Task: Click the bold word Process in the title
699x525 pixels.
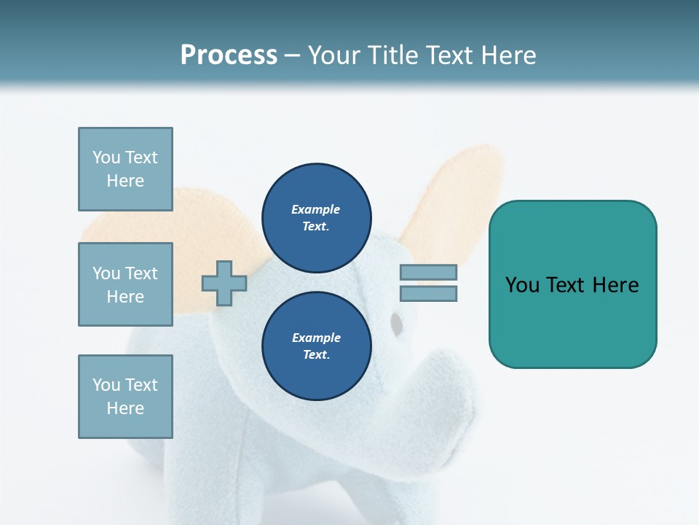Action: (x=229, y=55)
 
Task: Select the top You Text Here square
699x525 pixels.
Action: (x=125, y=169)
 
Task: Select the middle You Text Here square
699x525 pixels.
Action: (x=125, y=284)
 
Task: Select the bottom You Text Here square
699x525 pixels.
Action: (x=125, y=397)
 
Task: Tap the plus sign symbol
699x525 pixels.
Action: (x=224, y=283)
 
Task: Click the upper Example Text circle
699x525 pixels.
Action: (x=316, y=218)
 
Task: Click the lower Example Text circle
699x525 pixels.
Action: (x=316, y=346)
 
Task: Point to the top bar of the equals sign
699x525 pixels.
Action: (x=428, y=273)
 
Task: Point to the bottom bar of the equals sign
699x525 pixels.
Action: (x=428, y=294)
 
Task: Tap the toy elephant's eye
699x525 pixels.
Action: (x=396, y=323)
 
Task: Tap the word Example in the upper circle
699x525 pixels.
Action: (x=316, y=209)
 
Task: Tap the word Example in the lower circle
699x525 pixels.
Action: (x=316, y=338)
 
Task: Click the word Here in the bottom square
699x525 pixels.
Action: (x=125, y=408)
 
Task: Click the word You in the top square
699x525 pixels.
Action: (x=106, y=157)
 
